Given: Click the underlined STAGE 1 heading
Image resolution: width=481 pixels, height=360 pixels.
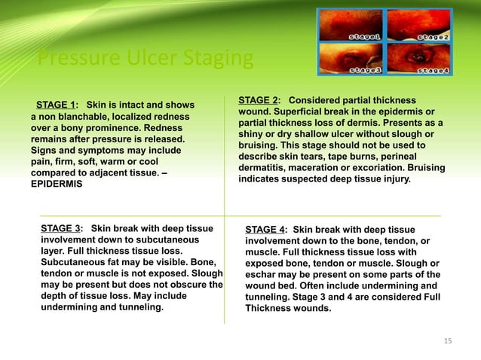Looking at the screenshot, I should click(x=58, y=105).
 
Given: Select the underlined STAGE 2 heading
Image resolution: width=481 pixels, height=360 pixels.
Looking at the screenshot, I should click(x=259, y=101).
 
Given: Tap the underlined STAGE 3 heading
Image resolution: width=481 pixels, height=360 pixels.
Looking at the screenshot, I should click(x=62, y=228).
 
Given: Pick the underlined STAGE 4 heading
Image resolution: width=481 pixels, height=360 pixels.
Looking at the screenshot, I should click(x=266, y=230).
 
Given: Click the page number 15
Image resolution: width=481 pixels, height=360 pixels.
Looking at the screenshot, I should click(x=447, y=341).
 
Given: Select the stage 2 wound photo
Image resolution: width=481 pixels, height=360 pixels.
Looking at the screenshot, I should click(x=419, y=24).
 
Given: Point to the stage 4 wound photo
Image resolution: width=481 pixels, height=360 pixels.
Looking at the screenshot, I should click(x=419, y=58).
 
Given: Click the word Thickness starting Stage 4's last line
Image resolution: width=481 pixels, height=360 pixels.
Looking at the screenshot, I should click(x=268, y=309).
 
